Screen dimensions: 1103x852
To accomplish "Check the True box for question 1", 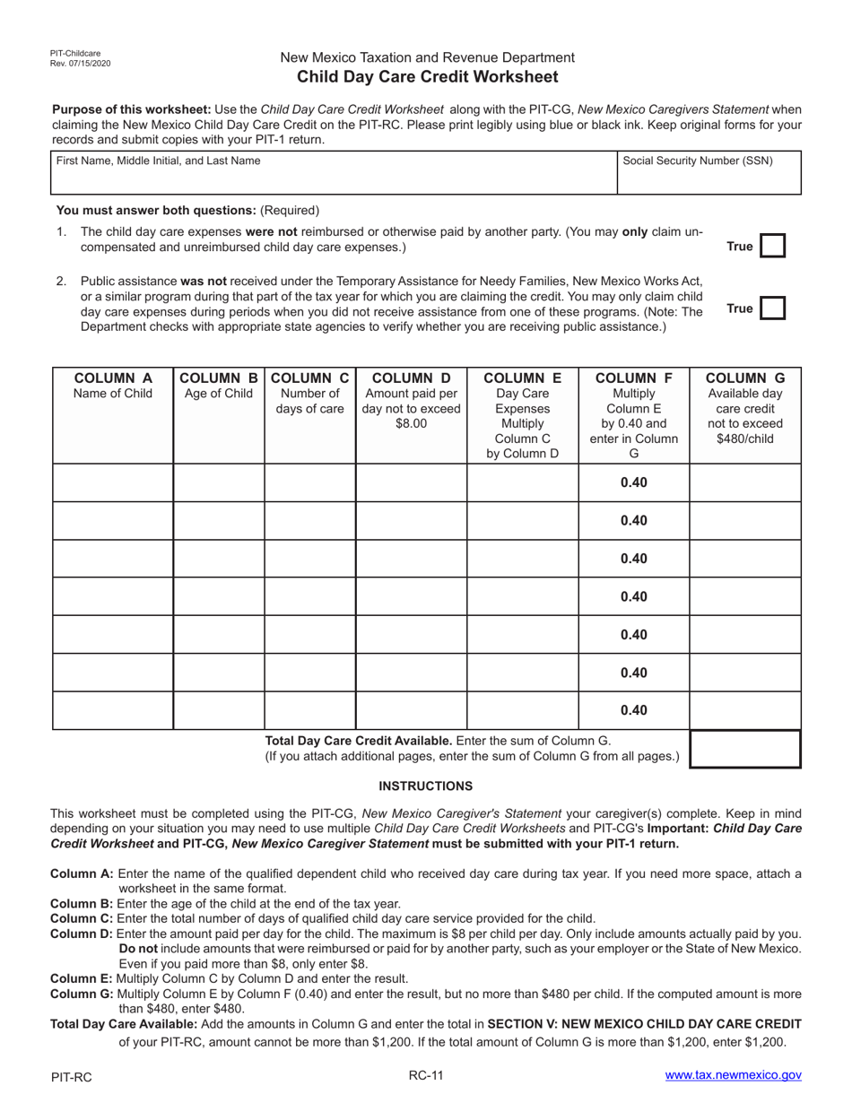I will click(x=772, y=247).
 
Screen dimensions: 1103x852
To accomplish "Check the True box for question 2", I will click(x=772, y=308).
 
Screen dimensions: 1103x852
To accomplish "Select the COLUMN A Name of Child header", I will click(x=113, y=386).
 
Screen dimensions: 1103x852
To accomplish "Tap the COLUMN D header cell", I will click(x=411, y=401).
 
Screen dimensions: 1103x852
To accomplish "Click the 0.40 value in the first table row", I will click(x=633, y=482).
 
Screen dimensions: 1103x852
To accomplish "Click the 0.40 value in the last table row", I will click(x=633, y=710).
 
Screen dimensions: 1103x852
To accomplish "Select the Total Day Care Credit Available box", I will click(x=744, y=749).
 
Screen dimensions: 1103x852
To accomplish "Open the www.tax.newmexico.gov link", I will click(x=733, y=1075).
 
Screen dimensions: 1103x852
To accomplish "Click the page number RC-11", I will click(x=425, y=1075).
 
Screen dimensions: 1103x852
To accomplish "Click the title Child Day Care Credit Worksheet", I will click(x=427, y=77).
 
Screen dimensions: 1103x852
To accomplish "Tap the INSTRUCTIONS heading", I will click(x=425, y=786).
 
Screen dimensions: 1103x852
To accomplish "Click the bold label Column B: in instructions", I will click(x=82, y=904).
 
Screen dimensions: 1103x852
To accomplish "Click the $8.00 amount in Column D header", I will click(x=411, y=423).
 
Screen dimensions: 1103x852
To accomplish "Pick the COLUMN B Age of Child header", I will click(x=219, y=386).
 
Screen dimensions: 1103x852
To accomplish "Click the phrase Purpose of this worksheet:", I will click(x=132, y=109).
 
